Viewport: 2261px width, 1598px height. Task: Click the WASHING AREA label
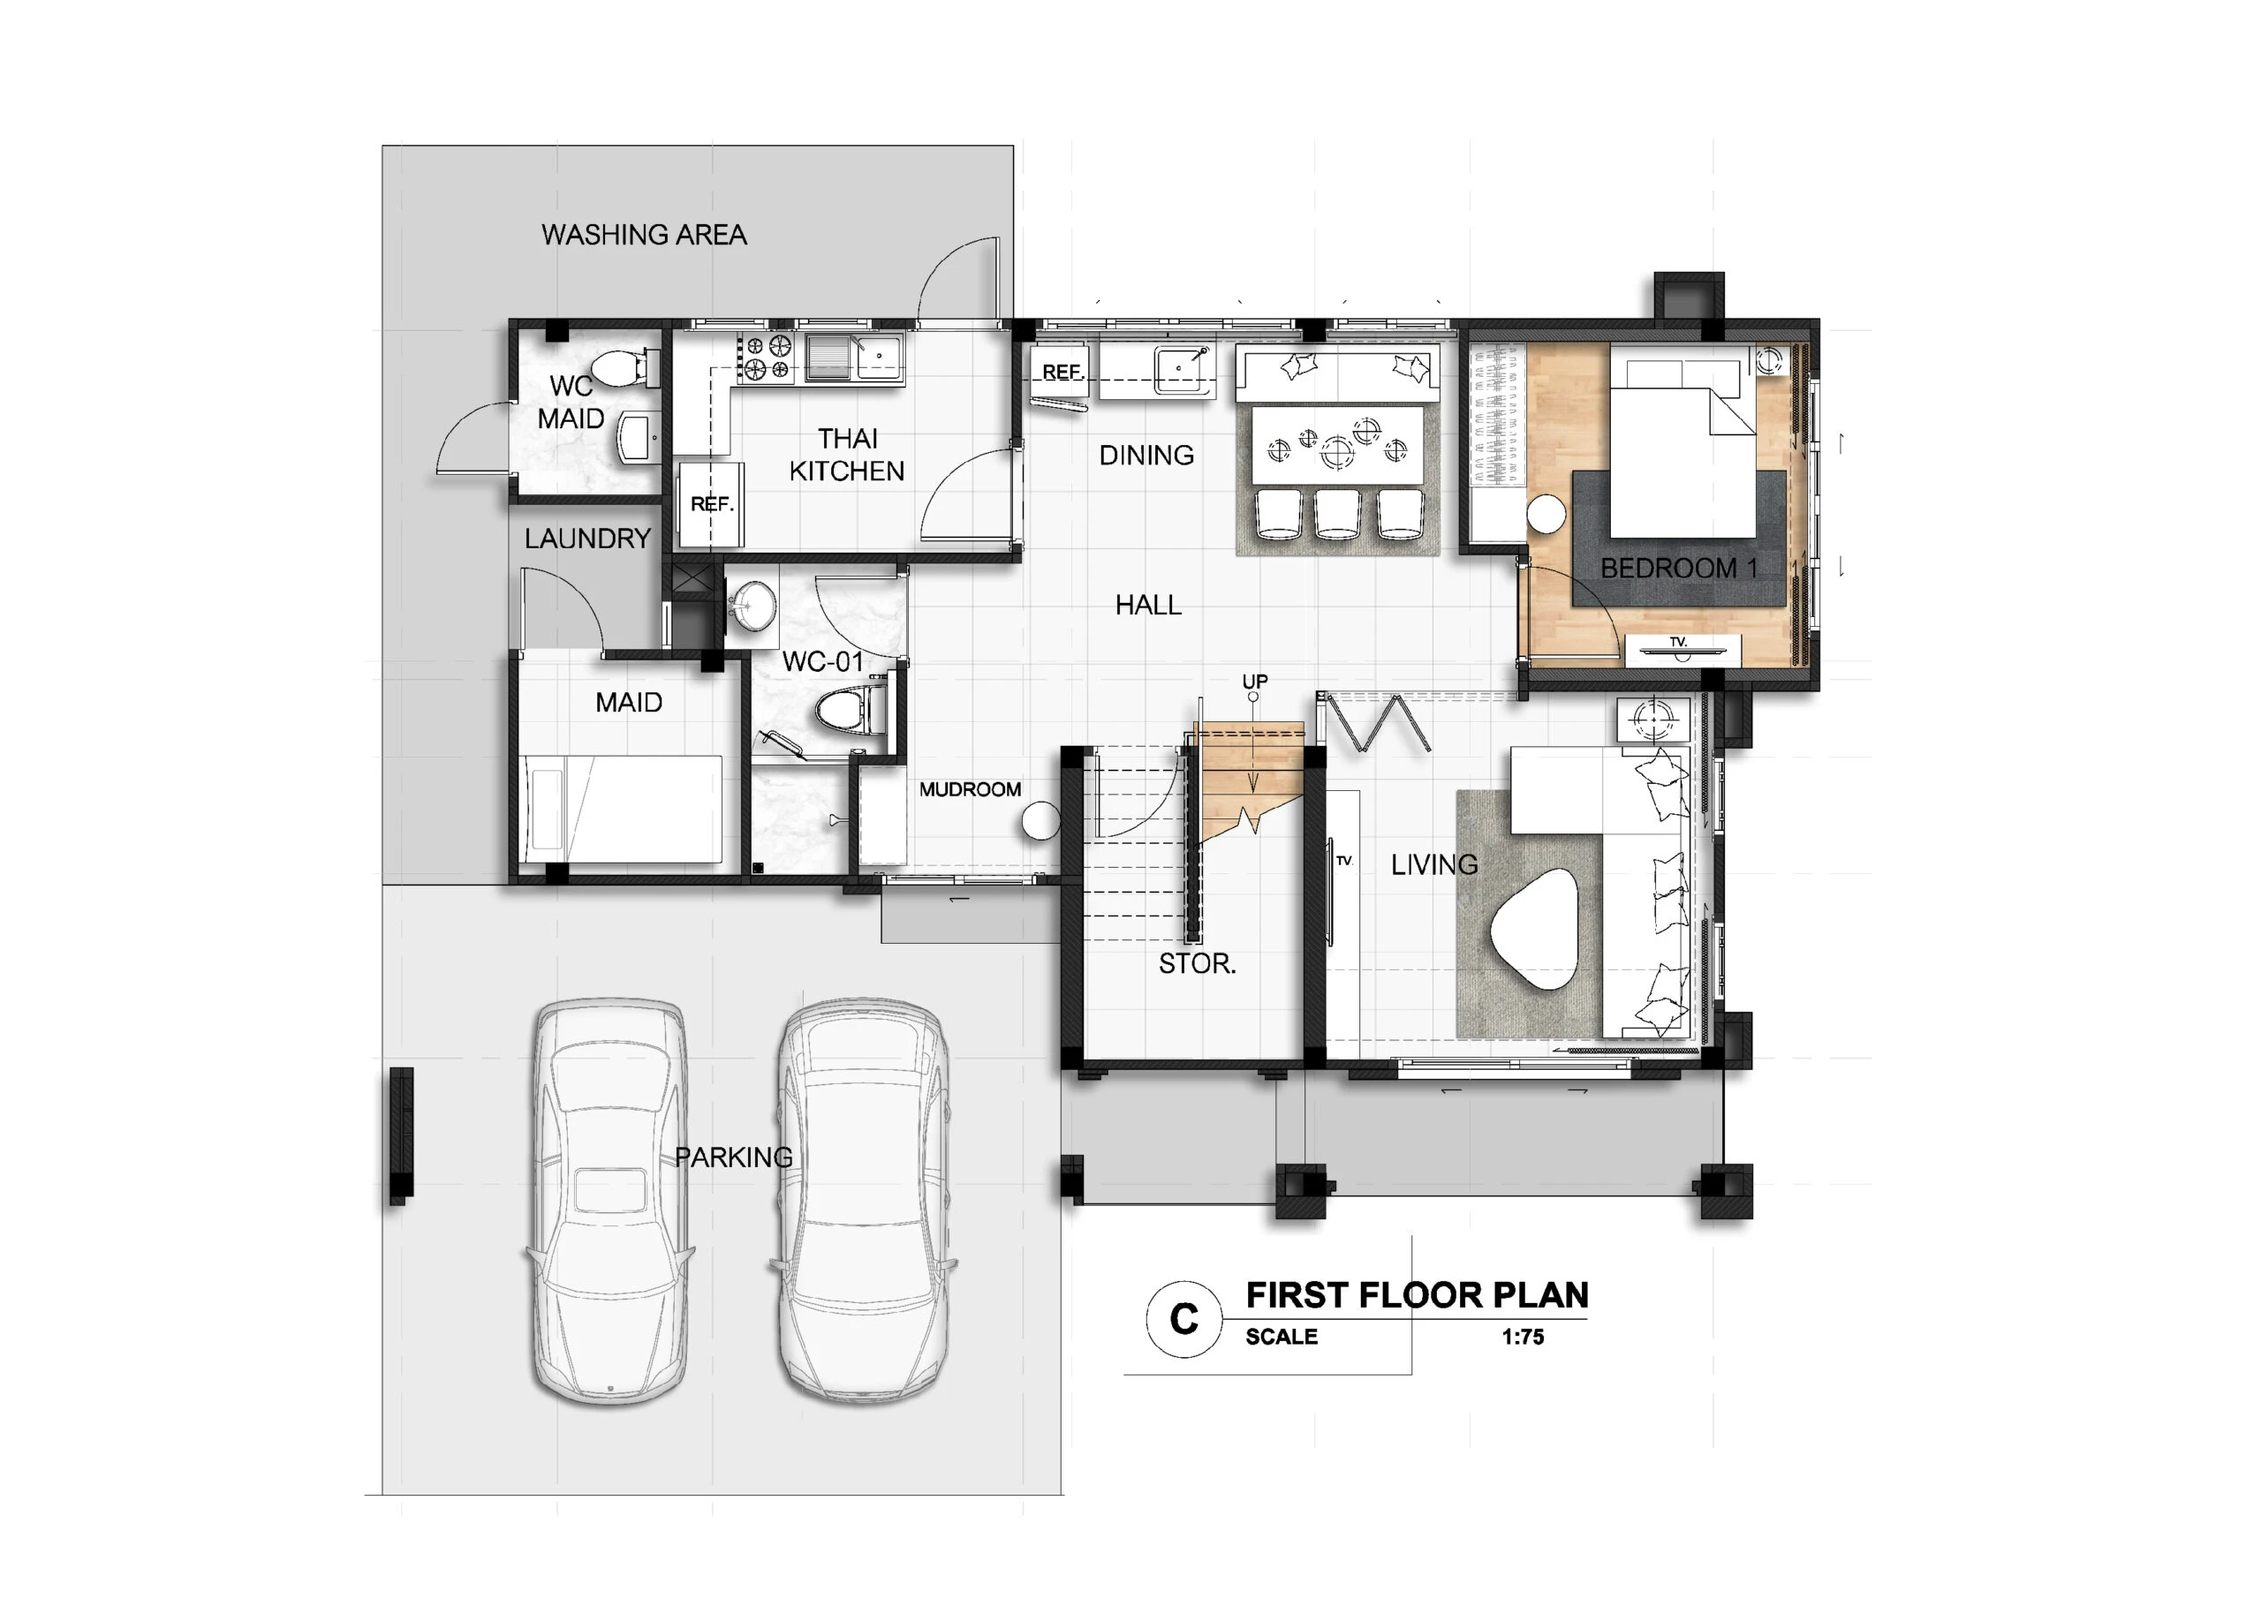point(644,234)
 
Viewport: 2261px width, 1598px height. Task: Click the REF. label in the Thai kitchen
point(712,504)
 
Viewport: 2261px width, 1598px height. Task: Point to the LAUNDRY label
point(588,539)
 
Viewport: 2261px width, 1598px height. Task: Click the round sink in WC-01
point(754,605)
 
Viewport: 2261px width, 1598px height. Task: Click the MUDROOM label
point(970,789)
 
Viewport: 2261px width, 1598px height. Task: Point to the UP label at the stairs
point(1254,682)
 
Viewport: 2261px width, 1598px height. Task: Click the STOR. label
point(1197,964)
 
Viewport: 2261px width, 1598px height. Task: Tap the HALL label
point(1148,605)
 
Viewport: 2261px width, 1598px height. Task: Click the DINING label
point(1146,455)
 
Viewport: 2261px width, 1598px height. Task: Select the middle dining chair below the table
point(1337,513)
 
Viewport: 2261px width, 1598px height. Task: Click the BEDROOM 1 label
point(1679,568)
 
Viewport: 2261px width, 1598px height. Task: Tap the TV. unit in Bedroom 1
point(1682,649)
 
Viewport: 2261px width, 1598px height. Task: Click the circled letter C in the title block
point(1183,1318)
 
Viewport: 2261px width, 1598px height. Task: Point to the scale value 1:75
point(1523,1337)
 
